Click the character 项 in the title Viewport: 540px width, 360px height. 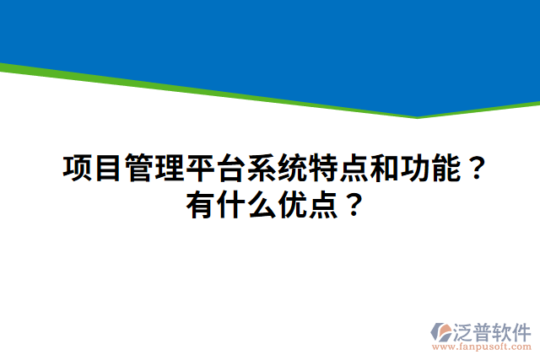click(x=78, y=169)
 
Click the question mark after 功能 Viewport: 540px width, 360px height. click(x=475, y=169)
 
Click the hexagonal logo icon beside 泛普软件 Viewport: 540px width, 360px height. click(x=442, y=330)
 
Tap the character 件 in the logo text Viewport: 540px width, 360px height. click(x=521, y=330)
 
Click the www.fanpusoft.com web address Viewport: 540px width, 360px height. click(x=481, y=347)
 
